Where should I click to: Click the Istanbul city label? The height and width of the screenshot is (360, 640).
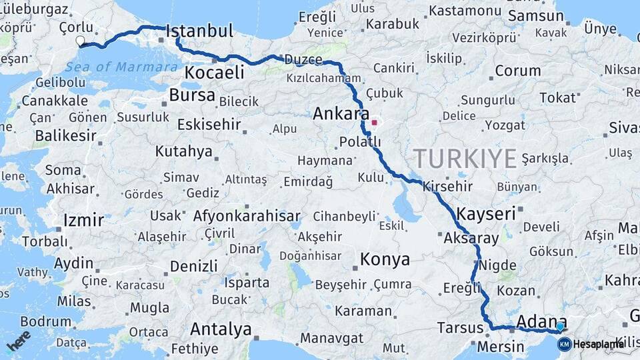[x=199, y=31]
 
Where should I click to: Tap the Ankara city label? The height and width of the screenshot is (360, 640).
[x=341, y=115]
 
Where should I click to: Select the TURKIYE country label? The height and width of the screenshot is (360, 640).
[x=465, y=159]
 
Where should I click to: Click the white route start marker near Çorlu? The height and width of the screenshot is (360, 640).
[x=81, y=41]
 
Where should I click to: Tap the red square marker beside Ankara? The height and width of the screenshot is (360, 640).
[x=375, y=122]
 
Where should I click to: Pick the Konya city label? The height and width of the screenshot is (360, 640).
[x=385, y=258]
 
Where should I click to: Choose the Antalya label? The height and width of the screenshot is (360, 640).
[x=221, y=329]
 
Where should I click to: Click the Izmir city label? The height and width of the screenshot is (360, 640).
[x=83, y=220]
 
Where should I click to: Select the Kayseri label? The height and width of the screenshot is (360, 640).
[x=487, y=213]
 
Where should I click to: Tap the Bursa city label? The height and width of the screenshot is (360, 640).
[x=192, y=95]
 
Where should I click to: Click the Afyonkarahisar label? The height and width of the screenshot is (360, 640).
[x=247, y=216]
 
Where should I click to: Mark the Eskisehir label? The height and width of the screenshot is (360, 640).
[x=209, y=125]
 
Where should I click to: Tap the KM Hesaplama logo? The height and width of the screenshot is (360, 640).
[x=591, y=344]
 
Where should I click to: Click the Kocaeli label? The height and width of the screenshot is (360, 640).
[x=215, y=73]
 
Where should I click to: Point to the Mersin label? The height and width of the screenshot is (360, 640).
[x=501, y=347]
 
